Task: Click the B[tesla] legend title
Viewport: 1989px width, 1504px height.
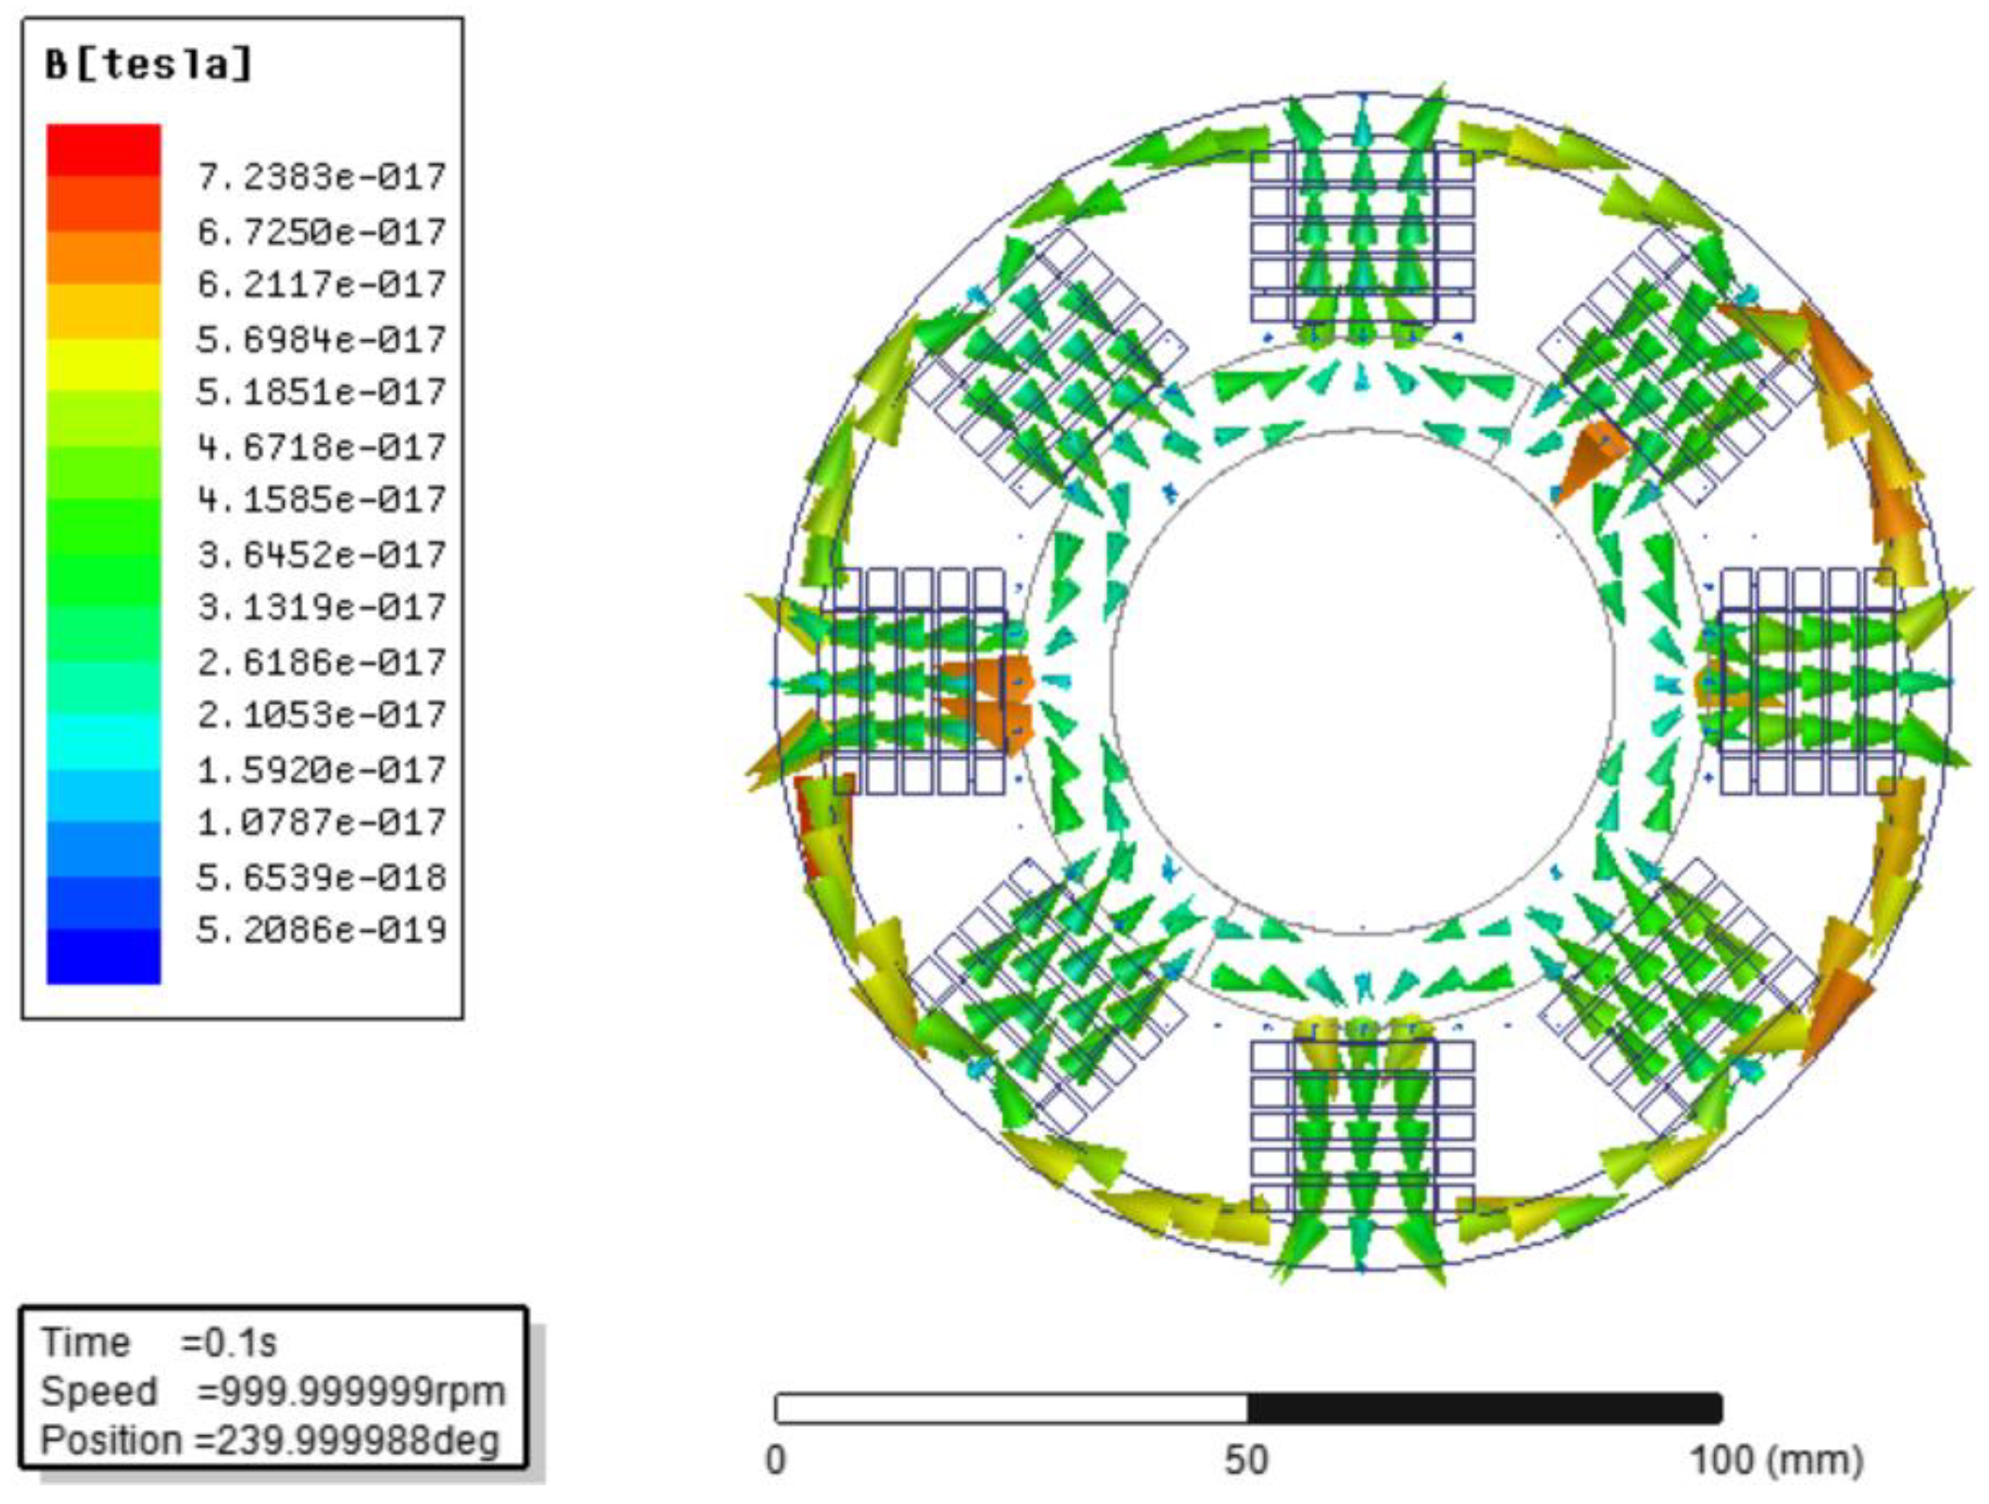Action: [x=149, y=65]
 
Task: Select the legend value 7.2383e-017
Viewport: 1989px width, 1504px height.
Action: [x=321, y=176]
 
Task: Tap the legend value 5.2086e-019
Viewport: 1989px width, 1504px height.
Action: [x=321, y=930]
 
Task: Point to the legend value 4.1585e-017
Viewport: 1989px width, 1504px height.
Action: [x=321, y=499]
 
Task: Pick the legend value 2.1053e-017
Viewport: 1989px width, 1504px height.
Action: [x=321, y=714]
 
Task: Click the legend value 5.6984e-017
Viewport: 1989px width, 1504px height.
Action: [x=321, y=339]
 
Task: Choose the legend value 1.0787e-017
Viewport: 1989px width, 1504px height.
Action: [x=321, y=823]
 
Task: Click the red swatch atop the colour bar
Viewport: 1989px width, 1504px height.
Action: [x=104, y=150]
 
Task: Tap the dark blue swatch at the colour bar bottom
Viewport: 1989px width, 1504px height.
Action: [x=104, y=956]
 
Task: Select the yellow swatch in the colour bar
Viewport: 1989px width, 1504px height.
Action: [x=104, y=364]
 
